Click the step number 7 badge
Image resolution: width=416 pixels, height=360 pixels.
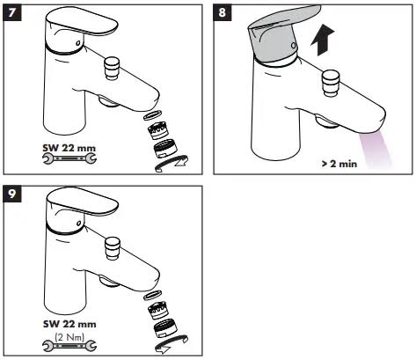coord(12,13)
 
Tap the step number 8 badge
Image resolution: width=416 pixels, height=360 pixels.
coord(223,13)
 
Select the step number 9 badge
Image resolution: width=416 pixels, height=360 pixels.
coord(12,194)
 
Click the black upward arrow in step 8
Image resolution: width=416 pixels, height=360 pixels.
coord(323,40)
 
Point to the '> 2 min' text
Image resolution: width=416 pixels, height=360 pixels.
coord(339,164)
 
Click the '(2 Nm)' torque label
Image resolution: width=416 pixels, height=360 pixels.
coord(69,336)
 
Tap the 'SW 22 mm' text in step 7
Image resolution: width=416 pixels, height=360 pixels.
coord(69,148)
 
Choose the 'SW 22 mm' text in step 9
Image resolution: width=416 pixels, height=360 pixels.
coord(69,324)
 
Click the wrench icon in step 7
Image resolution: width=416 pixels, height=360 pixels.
coord(69,158)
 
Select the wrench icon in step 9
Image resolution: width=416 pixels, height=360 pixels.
coord(69,346)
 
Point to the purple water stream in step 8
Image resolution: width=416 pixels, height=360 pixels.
coord(376,151)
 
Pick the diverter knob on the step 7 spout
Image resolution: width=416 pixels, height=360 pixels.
coord(112,68)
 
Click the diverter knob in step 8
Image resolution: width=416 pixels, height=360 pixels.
coord(332,83)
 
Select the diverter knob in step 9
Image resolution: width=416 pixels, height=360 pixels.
coord(113,248)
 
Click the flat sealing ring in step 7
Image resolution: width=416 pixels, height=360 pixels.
coord(153,114)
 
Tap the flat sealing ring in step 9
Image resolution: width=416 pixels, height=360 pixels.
coord(153,295)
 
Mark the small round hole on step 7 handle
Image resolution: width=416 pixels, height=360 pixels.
coord(78,43)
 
